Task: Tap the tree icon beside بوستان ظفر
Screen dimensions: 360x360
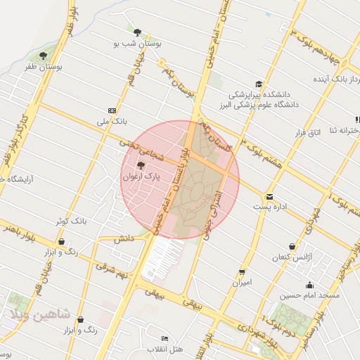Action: click(44, 56)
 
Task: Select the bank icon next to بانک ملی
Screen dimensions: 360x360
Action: click(112, 110)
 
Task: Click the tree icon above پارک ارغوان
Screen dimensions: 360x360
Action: click(141, 166)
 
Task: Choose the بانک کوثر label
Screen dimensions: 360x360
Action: click(73, 221)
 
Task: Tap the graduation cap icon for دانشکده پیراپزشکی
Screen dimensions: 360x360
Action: click(259, 84)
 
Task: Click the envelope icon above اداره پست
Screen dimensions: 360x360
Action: click(269, 197)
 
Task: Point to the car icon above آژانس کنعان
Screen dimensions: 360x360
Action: click(292, 246)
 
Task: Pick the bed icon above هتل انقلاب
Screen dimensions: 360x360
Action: click(165, 339)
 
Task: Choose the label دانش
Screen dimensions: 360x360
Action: click(123, 238)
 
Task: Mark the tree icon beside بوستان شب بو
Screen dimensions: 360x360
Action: click(136, 32)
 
